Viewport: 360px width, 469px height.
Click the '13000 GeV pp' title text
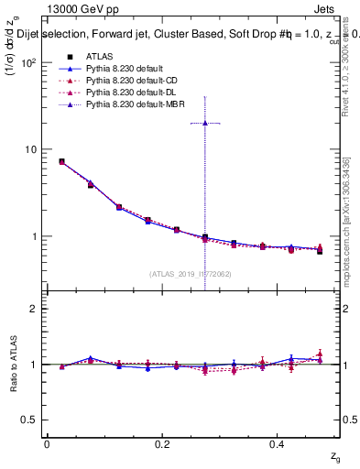82,10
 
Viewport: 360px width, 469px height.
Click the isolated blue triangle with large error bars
205,123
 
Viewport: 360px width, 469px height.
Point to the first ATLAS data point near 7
61,161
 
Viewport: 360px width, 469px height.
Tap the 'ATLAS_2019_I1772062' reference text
191,273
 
